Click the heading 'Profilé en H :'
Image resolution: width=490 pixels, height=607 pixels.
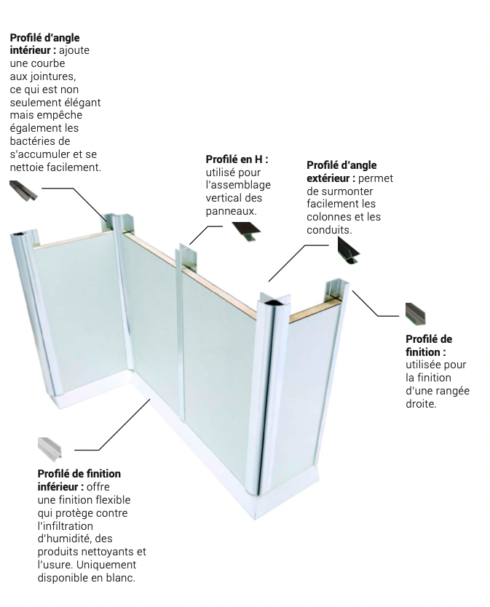237,159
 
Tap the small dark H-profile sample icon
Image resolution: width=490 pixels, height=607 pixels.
246,231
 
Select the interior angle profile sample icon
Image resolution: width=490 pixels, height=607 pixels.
23,191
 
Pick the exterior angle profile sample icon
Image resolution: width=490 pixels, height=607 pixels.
348,250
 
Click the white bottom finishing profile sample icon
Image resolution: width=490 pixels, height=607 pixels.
50,450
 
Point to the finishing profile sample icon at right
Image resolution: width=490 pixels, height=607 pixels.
415,314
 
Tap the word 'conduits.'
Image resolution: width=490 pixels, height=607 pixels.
329,229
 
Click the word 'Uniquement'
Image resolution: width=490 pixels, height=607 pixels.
106,564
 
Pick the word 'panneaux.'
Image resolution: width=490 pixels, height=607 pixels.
232,211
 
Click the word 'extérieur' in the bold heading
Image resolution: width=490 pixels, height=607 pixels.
328,178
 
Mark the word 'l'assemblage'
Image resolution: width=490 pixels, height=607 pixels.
238,185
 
